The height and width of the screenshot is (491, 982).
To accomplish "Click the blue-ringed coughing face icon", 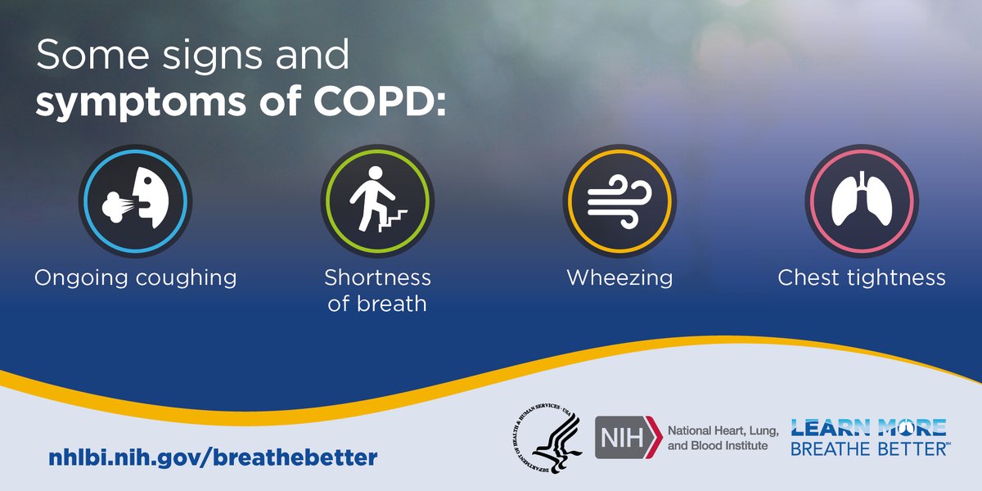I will point(135,201).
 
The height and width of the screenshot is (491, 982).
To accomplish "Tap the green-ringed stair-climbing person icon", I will point(377,201).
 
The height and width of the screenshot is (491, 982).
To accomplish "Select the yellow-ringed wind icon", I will point(619,201).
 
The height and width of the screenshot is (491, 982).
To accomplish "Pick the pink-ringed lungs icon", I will point(862,201).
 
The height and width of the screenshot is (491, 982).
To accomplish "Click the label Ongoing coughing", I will point(135,278).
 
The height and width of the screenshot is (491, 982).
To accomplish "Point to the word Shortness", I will point(377,277).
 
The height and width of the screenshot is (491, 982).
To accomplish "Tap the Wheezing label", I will point(619,278).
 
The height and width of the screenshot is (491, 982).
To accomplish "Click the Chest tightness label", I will point(862,278).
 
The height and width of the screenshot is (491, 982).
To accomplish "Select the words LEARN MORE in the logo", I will point(867,427).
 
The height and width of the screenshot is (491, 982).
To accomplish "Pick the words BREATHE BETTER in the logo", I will point(867,448).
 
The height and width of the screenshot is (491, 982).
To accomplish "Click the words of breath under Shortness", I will point(377,304).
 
